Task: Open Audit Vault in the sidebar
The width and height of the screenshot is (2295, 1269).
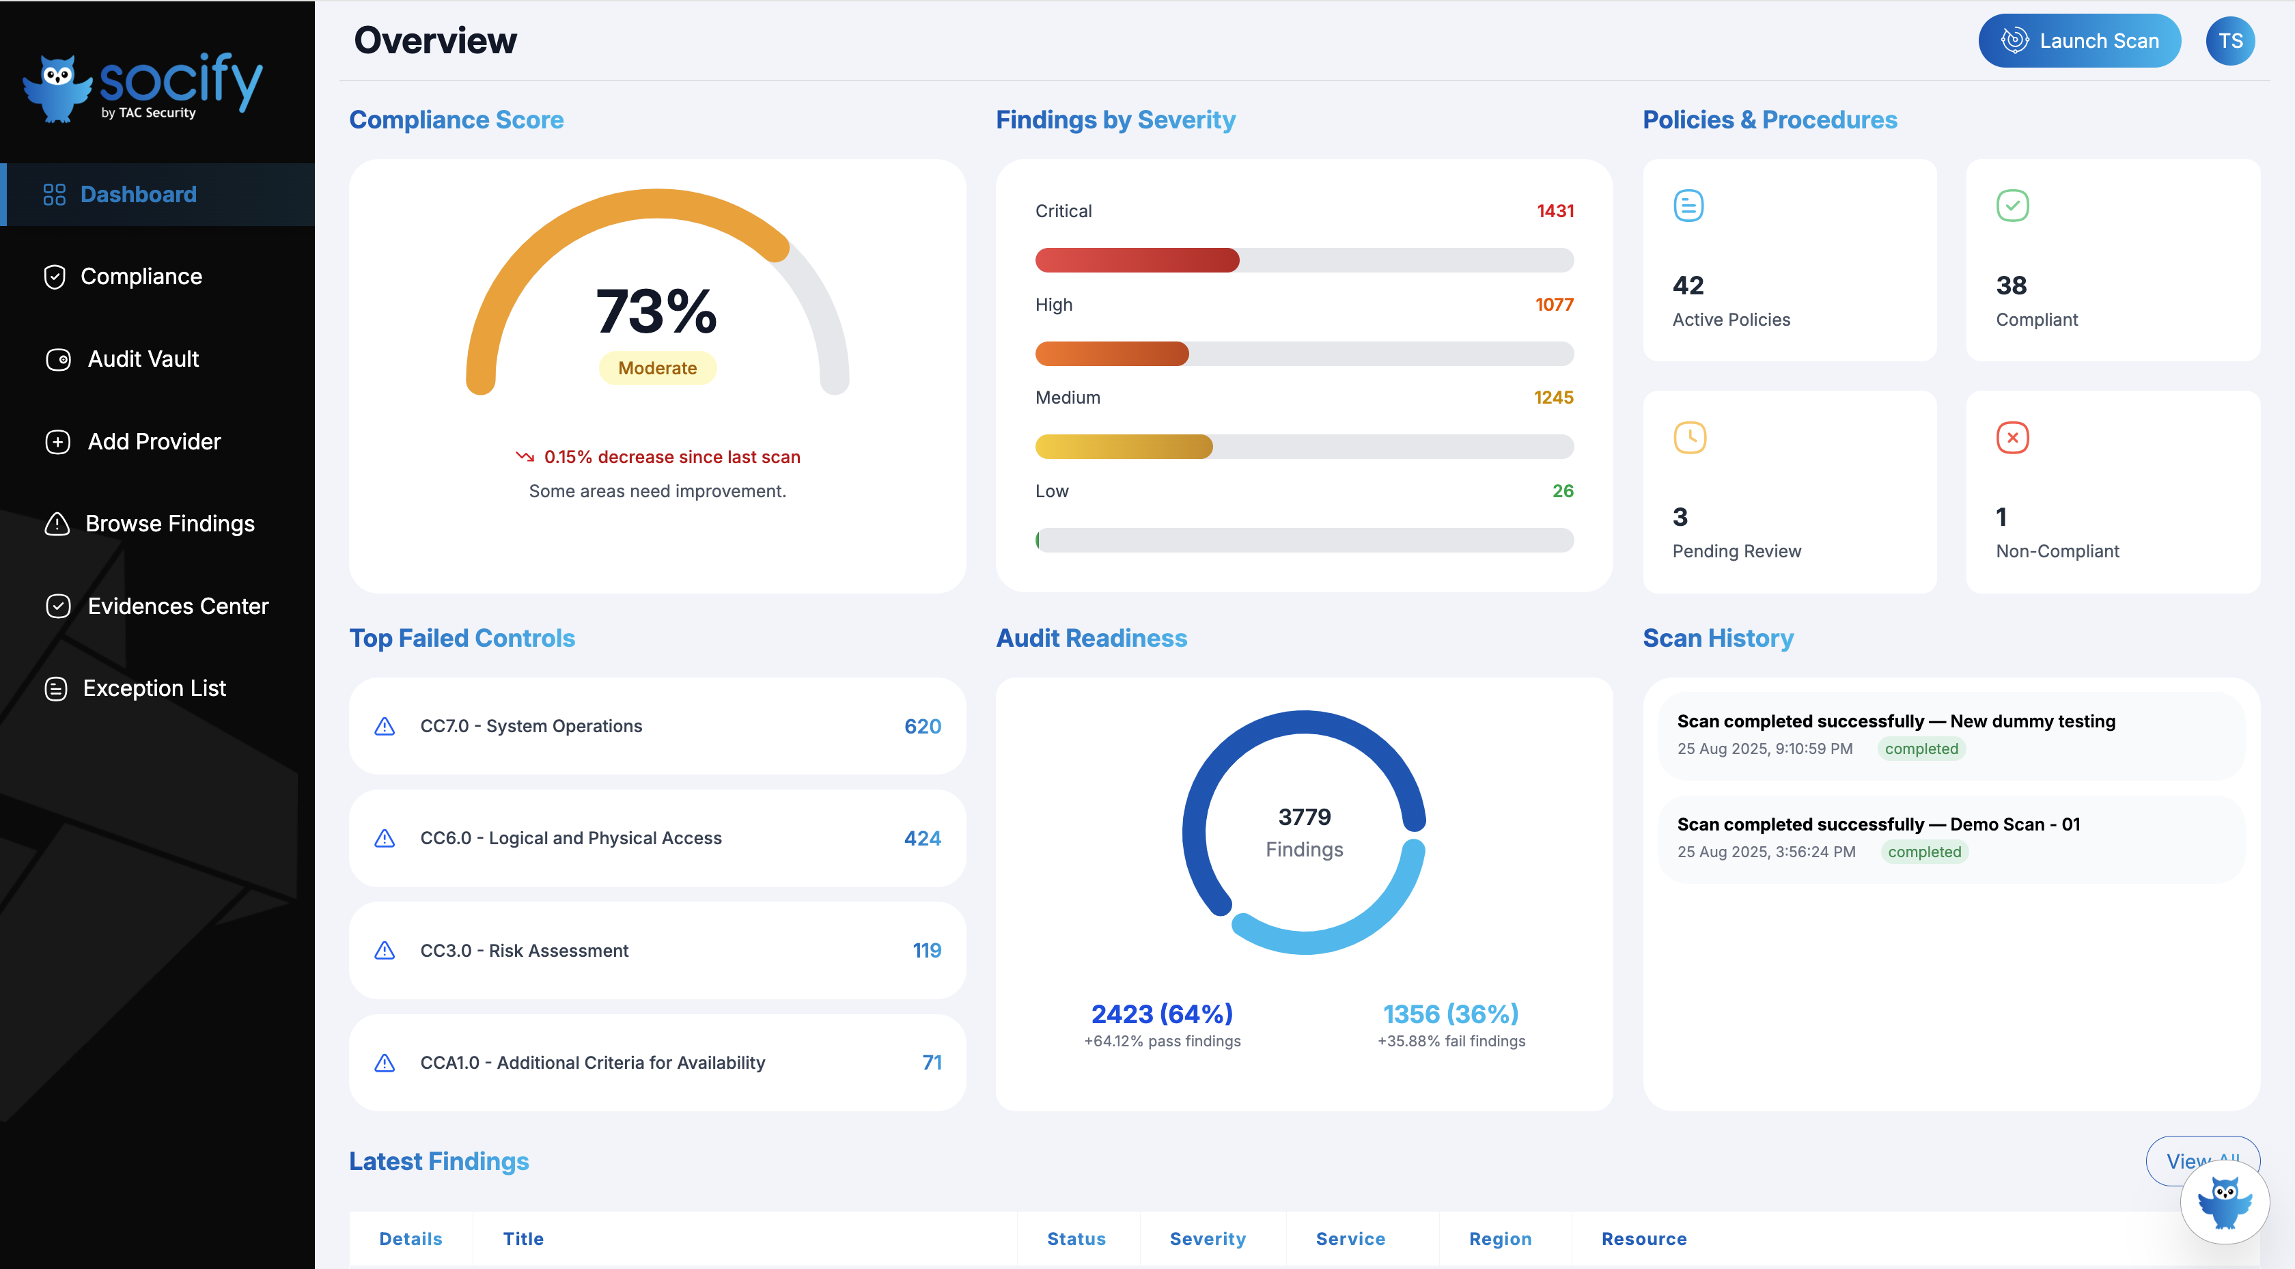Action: pos(143,359)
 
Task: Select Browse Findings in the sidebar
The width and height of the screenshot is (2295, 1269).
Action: pos(169,524)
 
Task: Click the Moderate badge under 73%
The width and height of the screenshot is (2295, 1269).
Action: pos(658,368)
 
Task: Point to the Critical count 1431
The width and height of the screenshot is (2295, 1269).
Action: pos(1555,211)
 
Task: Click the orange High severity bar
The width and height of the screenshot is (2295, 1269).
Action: pos(1112,354)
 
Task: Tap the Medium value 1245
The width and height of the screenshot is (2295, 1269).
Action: pos(1553,398)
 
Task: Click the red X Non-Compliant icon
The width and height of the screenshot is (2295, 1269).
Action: pos(2012,438)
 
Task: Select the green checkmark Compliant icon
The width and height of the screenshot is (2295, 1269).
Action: pos(2012,206)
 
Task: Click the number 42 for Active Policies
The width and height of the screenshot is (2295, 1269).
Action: pos(1687,285)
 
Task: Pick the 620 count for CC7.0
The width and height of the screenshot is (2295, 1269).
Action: pos(922,726)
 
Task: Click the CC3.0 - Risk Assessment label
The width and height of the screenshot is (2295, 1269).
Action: pos(524,951)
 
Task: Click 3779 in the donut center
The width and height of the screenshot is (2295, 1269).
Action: pos(1305,816)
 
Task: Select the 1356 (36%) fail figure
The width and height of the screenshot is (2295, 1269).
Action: pos(1450,1014)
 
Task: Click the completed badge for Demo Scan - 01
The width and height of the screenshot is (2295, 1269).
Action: pos(1923,852)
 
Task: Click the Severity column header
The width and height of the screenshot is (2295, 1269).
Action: pos(1207,1239)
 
